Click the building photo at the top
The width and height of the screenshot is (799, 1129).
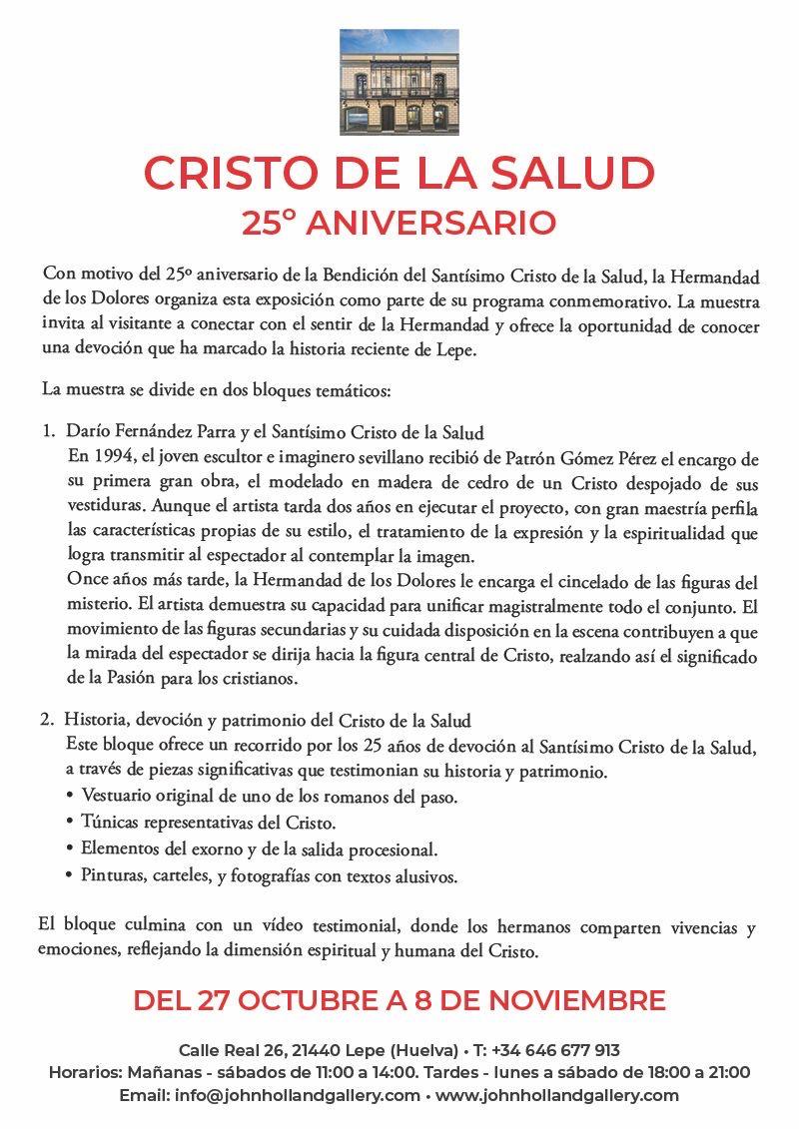point(399,82)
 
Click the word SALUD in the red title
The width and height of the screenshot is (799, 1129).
point(576,174)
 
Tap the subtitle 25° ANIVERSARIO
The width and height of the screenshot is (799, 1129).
point(399,223)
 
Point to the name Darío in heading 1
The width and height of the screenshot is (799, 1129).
point(87,432)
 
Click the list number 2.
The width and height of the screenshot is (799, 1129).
point(47,719)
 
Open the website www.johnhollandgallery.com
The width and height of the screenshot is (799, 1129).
point(557,1095)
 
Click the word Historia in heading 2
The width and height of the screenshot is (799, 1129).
point(93,719)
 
